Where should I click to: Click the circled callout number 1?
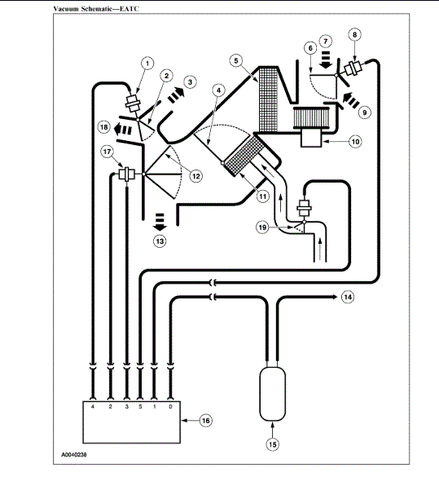click(x=147, y=64)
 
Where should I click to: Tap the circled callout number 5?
click(x=236, y=60)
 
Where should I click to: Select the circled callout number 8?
click(x=354, y=34)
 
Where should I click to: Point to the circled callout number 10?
click(x=355, y=141)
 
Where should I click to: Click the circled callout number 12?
click(x=196, y=176)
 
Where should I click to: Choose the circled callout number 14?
click(x=348, y=297)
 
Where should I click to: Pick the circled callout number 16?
click(x=206, y=420)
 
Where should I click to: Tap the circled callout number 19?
click(x=263, y=227)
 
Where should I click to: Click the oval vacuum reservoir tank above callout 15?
click(x=273, y=394)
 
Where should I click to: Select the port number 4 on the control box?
click(x=93, y=407)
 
